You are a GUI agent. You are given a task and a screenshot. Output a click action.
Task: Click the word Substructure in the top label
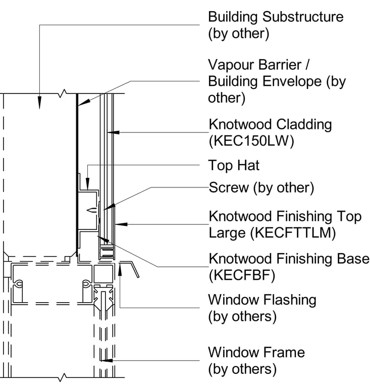tap(303, 17)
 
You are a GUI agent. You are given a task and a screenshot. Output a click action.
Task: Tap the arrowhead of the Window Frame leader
tap(103, 360)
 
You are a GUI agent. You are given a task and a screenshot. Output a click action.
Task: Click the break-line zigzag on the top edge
tap(63, 93)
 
